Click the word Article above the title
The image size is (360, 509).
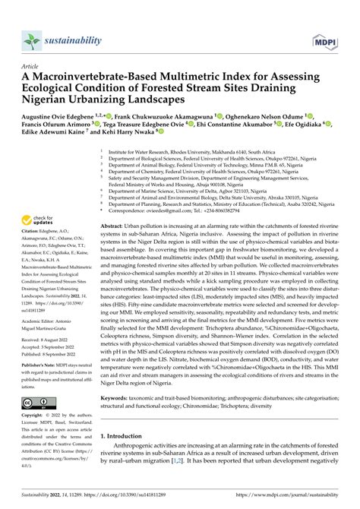point(32,67)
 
